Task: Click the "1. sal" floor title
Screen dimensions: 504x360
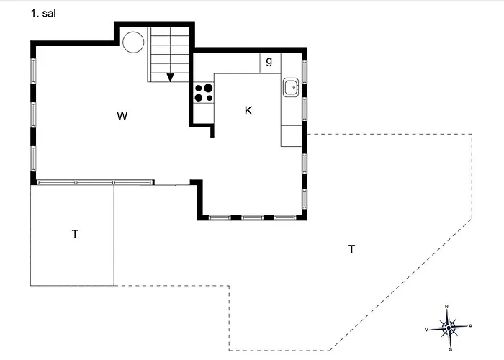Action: [x=43, y=13]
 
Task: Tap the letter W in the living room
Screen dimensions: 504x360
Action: [x=122, y=116]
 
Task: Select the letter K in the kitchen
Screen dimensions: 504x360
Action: [x=248, y=111]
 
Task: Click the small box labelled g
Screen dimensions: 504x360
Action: [x=270, y=63]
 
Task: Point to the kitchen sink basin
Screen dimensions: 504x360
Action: [x=291, y=87]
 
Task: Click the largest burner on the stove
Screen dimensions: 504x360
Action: [x=208, y=88]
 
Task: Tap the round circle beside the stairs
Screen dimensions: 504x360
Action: [x=133, y=42]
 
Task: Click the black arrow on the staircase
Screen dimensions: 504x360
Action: [x=170, y=78]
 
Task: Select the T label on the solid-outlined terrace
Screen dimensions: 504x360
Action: [x=75, y=234]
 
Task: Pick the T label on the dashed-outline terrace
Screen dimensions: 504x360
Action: [x=351, y=249]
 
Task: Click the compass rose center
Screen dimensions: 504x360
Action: [x=449, y=328]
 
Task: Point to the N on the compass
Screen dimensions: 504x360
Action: [x=446, y=307]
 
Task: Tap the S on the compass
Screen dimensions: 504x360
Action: [x=451, y=349]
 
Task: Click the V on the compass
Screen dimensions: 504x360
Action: [x=426, y=330]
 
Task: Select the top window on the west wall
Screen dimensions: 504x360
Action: [x=33, y=71]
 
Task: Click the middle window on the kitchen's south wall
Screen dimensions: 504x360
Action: [x=252, y=217]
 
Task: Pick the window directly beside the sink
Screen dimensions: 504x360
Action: [x=305, y=72]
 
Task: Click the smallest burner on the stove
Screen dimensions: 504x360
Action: [x=210, y=98]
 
